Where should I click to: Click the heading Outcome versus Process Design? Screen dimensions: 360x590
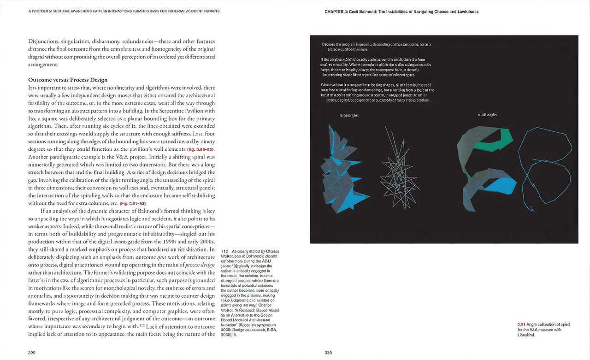68,80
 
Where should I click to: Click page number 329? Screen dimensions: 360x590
32,353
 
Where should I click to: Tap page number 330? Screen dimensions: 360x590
328,353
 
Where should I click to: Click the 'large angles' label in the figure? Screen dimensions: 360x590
348,115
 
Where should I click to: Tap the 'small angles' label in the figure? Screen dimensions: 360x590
488,114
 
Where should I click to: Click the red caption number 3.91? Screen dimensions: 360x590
521,325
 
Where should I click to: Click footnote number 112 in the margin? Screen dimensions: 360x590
224,251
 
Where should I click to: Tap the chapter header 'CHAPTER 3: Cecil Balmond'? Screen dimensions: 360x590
401,12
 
